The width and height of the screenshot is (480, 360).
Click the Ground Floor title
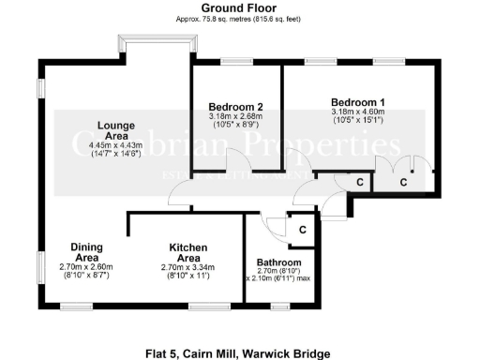pos(237,8)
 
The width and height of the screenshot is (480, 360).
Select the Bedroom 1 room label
pos(357,101)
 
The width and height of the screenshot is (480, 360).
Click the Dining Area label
pos(86,252)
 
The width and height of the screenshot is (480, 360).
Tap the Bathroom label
pos(278,262)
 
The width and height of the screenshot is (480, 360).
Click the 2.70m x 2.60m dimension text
pos(86,267)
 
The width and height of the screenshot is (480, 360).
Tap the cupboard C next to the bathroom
pos(302,230)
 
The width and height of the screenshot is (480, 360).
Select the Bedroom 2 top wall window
pos(235,64)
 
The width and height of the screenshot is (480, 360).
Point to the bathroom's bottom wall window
pos(278,305)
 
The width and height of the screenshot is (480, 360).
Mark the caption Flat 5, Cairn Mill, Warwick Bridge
pos(238,353)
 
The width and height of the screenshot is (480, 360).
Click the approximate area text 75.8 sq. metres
pos(237,19)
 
